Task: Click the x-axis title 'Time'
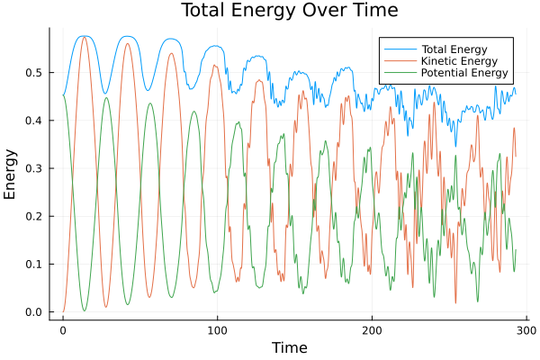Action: [x=289, y=347]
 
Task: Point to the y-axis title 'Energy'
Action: [x=11, y=174]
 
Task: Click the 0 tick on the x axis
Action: [x=62, y=330]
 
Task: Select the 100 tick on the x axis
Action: [x=217, y=330]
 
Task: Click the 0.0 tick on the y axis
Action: [x=33, y=312]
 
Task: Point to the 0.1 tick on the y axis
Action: [x=33, y=265]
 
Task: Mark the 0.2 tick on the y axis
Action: [x=33, y=216]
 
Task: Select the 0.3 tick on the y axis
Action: [x=33, y=168]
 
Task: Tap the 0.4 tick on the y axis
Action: [x=33, y=120]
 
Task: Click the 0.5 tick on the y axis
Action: [x=33, y=72]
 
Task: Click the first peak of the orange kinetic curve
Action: [x=85, y=37]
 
